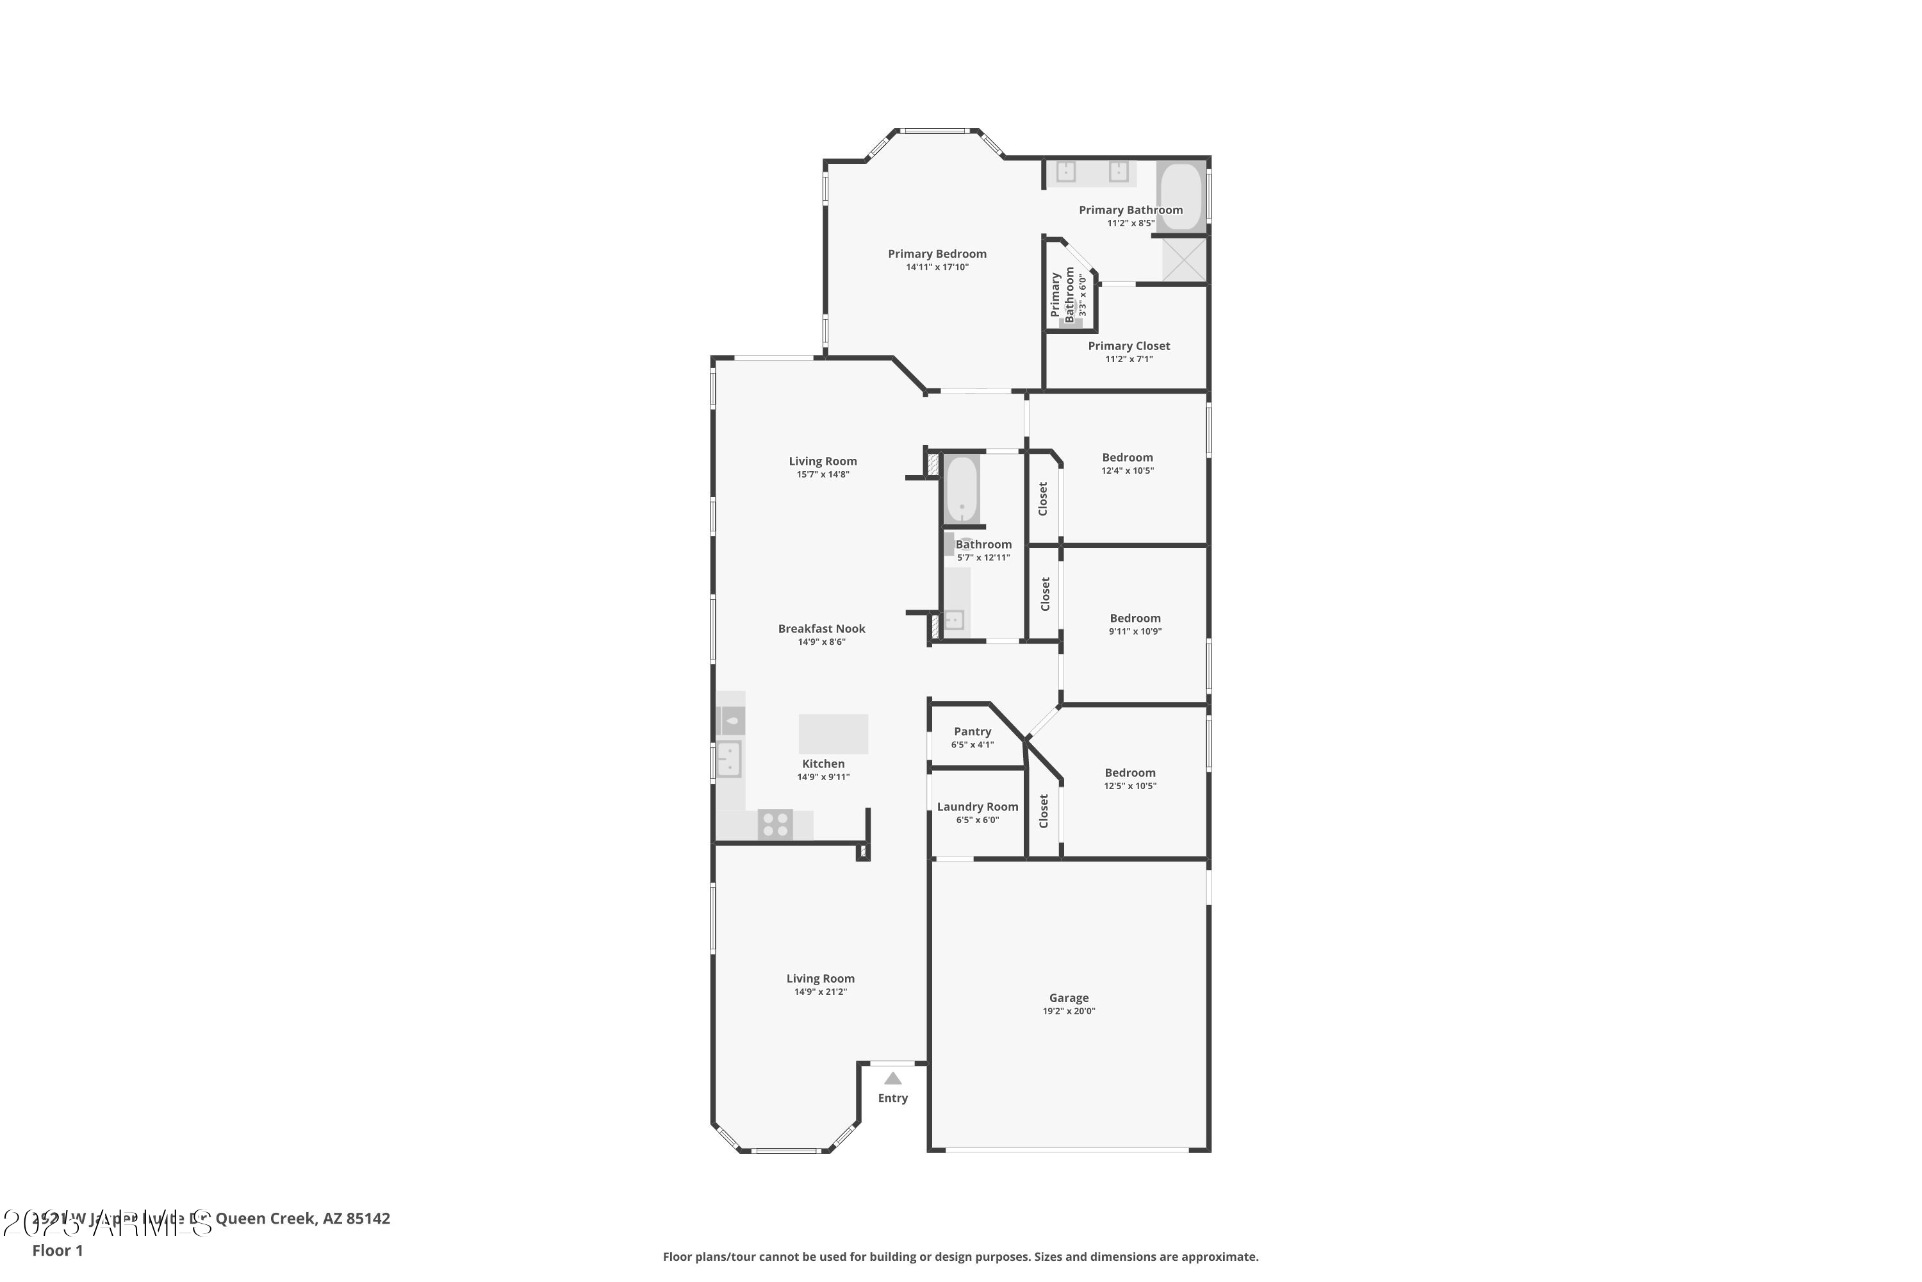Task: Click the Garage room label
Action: point(1068,997)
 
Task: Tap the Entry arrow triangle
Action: point(892,1078)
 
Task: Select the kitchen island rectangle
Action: point(833,733)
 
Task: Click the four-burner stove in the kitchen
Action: point(775,824)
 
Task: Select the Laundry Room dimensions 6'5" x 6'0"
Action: point(978,820)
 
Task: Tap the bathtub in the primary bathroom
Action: point(1181,197)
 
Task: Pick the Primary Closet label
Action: point(1128,346)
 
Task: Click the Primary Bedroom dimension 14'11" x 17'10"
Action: point(937,267)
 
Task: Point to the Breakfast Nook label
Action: point(821,629)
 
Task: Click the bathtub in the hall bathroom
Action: point(962,489)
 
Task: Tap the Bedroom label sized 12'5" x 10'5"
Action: point(1129,772)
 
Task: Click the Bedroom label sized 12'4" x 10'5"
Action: point(1127,458)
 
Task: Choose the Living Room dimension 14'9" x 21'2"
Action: point(821,992)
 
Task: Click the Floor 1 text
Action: point(57,1250)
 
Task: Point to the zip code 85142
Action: point(368,1219)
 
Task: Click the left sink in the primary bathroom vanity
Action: point(1065,172)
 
